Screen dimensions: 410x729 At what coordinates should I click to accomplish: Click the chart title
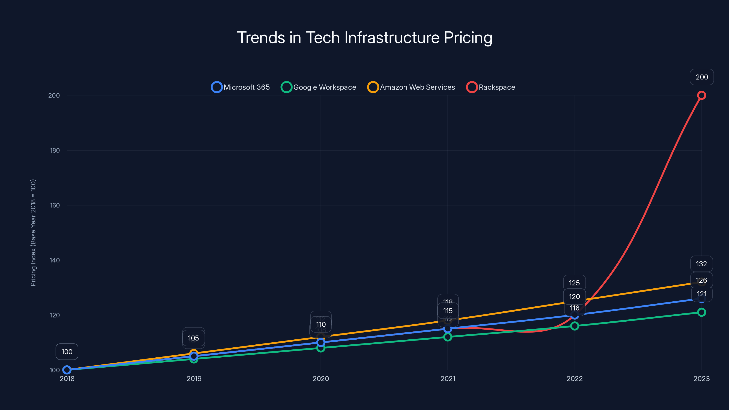tap(364, 38)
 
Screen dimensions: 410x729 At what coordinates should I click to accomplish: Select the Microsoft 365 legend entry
tap(241, 87)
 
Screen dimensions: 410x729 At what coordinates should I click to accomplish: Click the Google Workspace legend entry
tap(318, 87)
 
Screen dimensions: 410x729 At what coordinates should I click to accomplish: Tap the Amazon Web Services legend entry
tap(411, 87)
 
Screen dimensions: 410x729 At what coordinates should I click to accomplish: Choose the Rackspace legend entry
tap(490, 87)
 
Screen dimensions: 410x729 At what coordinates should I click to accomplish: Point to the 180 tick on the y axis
tap(55, 150)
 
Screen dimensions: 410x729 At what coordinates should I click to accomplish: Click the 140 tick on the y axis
tap(55, 260)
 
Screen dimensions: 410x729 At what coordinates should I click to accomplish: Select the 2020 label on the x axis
tap(321, 379)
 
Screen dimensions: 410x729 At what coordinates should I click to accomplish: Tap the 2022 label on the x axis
tap(575, 379)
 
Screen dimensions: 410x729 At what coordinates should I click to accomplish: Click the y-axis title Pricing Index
tap(33, 233)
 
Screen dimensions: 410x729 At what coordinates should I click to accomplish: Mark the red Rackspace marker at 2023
tap(701, 95)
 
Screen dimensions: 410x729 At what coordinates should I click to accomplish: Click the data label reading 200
tap(702, 77)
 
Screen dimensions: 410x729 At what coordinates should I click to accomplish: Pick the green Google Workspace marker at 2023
tap(701, 312)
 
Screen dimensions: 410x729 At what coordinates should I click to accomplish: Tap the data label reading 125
tap(574, 283)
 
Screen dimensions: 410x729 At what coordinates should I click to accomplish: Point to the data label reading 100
tap(67, 352)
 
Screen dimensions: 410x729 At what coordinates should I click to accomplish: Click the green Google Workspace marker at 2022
tap(575, 326)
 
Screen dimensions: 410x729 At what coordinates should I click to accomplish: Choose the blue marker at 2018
tap(67, 370)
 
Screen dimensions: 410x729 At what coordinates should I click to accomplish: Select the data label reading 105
tap(194, 338)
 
